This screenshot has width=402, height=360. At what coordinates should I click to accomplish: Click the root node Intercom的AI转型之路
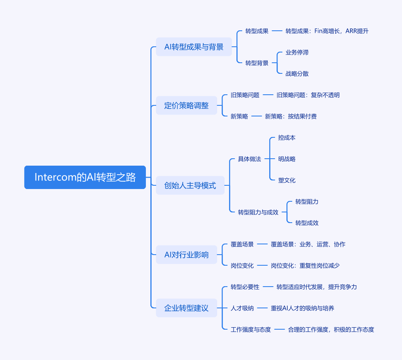(85, 177)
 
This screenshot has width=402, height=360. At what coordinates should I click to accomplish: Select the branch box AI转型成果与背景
(194, 47)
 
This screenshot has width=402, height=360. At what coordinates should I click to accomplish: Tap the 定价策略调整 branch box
(186, 105)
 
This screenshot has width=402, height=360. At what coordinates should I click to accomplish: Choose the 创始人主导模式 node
(190, 185)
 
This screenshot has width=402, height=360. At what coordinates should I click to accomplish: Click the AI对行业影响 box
(186, 255)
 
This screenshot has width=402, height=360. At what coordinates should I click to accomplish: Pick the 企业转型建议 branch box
(186, 308)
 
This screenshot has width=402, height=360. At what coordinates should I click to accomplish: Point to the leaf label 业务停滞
(297, 52)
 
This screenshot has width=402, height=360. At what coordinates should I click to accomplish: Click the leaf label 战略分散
(297, 74)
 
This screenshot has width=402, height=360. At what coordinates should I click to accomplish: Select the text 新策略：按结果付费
(291, 116)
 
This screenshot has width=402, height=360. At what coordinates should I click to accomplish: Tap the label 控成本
(286, 138)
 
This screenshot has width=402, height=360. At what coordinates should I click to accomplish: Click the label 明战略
(286, 159)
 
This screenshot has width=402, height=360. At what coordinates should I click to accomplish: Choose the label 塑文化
(286, 180)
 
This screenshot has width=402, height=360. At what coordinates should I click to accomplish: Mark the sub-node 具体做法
(249, 159)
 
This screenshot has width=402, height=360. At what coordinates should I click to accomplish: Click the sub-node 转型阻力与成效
(258, 212)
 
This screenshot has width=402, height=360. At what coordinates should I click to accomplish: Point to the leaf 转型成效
(307, 223)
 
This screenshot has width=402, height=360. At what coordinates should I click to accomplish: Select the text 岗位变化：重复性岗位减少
(305, 266)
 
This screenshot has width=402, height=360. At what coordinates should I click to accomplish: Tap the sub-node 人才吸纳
(242, 308)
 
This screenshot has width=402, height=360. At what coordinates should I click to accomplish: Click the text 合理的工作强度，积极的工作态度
(331, 330)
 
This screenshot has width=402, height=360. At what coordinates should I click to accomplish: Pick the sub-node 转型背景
(257, 63)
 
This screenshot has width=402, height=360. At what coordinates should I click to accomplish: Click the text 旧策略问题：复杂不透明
(308, 95)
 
